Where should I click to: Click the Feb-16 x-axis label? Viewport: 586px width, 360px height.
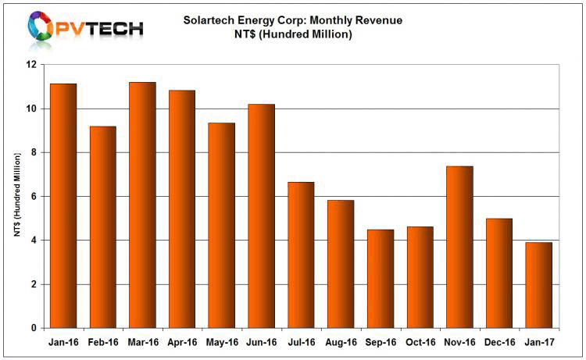point(103,341)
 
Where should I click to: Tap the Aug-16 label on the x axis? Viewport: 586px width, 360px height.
point(341,341)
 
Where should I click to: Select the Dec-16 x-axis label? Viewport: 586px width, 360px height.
point(498,341)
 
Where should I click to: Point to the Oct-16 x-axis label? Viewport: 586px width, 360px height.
point(420,341)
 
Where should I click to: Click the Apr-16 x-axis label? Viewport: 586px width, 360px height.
point(182,341)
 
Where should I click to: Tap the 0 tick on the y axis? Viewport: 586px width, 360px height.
point(34,329)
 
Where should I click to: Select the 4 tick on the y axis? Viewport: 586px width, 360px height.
point(34,241)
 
